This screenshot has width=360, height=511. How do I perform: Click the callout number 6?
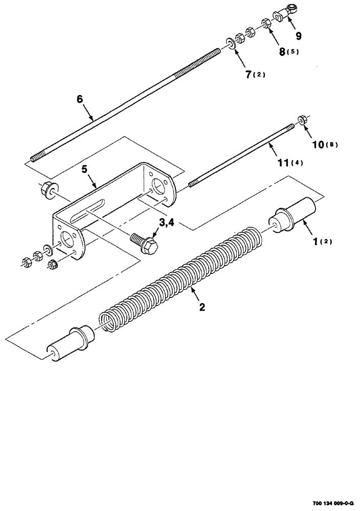pyautogui.click(x=79, y=100)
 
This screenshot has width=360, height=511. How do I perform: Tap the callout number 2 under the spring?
pyautogui.click(x=202, y=307)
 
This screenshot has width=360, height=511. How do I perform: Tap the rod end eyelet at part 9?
pyautogui.click(x=292, y=11)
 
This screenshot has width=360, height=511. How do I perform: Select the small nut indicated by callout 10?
pyautogui.click(x=302, y=121)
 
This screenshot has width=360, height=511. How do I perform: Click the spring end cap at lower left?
pyautogui.click(x=70, y=344)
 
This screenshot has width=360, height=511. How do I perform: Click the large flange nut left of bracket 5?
pyautogui.click(x=49, y=190)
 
